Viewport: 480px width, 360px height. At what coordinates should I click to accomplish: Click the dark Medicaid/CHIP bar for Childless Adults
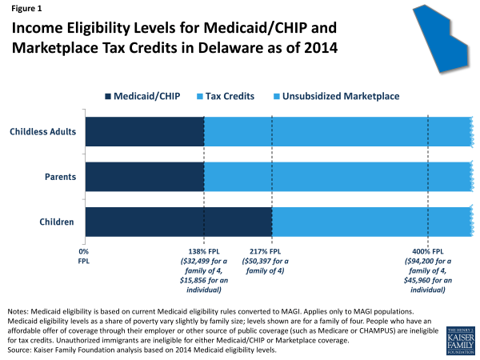click(144, 131)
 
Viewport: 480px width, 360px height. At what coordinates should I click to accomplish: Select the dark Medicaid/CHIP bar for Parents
click(144, 176)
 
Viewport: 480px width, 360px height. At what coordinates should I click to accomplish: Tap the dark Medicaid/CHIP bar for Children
click(178, 222)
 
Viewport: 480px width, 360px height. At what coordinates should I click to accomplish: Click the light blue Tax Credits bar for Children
click(370, 222)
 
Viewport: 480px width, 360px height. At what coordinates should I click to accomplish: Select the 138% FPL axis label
click(205, 251)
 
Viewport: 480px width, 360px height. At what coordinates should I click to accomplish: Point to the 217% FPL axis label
click(272, 251)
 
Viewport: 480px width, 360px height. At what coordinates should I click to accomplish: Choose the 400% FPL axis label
click(428, 251)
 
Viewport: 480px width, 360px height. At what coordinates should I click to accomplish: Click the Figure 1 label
click(26, 10)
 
